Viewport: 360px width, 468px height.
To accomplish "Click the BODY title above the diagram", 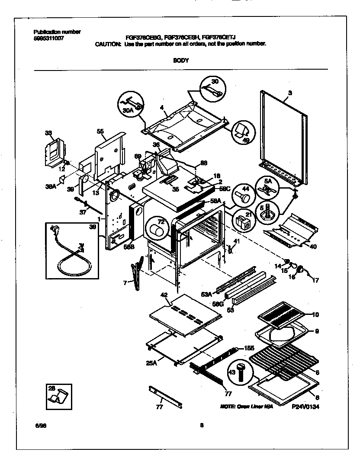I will point(180,61).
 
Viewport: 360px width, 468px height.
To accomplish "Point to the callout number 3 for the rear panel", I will point(290,93).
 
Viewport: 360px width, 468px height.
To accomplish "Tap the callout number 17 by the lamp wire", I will point(315,280).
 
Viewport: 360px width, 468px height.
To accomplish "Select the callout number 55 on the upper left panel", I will point(100,131).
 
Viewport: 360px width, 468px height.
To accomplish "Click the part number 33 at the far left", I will point(48,134).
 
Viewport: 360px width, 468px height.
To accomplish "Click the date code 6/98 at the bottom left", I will point(40,425).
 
